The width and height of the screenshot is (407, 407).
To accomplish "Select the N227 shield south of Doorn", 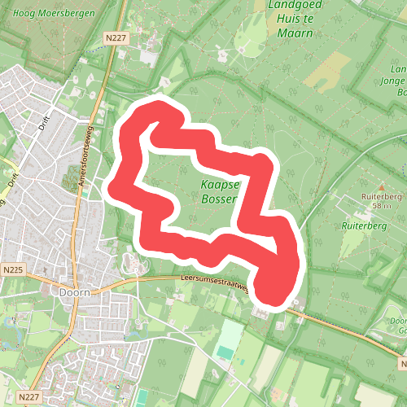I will (x=28, y=396).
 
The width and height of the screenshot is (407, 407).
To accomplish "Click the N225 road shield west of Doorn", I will (x=12, y=269).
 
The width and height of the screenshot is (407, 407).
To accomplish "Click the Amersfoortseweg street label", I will (x=87, y=159).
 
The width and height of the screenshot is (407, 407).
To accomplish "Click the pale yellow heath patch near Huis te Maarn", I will (x=329, y=72).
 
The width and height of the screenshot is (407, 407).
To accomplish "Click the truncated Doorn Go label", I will (x=396, y=326).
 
